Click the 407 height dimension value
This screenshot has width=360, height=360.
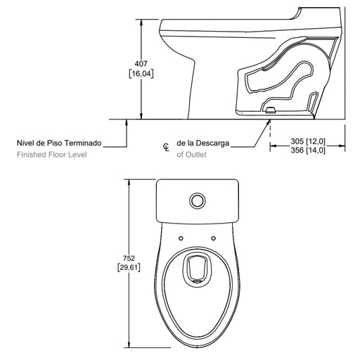click(141, 63)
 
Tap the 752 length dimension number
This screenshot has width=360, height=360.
click(129, 258)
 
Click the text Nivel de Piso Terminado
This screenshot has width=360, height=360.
click(59, 143)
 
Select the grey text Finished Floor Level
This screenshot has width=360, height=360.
click(52, 155)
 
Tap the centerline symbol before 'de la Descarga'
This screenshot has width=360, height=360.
click(166, 147)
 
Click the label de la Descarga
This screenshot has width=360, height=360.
click(203, 143)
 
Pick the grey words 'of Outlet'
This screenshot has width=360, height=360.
click(191, 155)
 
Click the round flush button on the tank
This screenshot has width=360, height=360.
click(198, 201)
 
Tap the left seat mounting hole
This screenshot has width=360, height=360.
click(181, 238)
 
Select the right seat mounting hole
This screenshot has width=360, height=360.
click(214, 238)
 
